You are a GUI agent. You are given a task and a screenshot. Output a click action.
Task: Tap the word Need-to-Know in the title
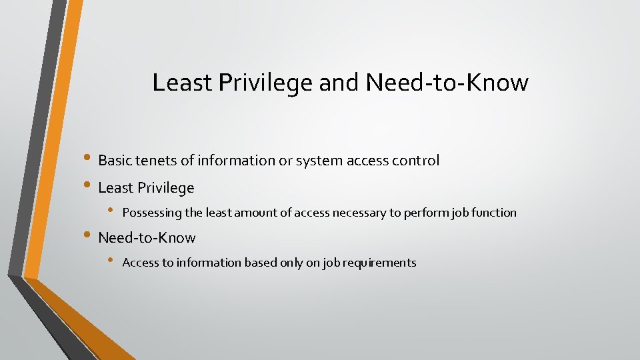coord(447,83)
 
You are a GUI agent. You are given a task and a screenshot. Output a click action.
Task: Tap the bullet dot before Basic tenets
coord(88,160)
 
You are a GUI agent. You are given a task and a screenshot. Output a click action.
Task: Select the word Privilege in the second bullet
coord(166,189)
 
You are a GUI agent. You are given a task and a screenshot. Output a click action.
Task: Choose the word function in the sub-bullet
coord(495,213)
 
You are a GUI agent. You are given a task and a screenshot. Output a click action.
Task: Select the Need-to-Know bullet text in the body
coord(147,238)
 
